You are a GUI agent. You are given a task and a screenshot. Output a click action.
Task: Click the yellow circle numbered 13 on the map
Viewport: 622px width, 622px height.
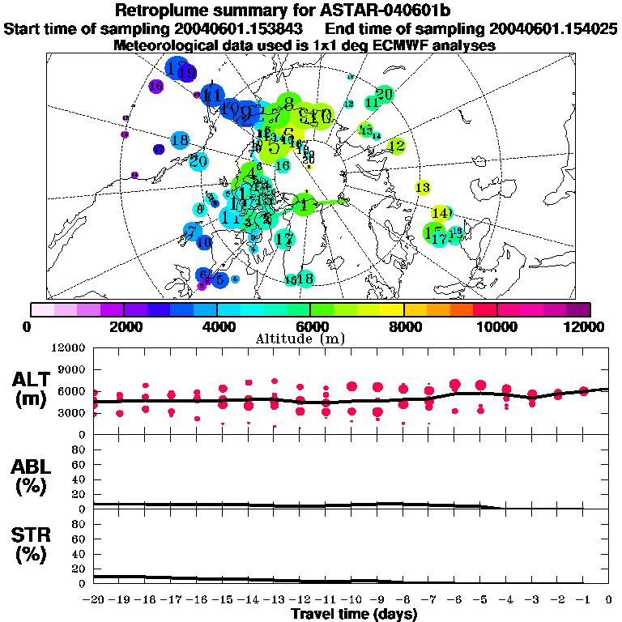422,187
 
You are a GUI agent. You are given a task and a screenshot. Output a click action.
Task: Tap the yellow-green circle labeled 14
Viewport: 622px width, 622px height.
440,213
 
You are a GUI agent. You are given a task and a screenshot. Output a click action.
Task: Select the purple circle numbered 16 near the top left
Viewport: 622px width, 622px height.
156,85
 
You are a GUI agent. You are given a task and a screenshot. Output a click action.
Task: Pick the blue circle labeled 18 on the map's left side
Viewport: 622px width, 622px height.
180,140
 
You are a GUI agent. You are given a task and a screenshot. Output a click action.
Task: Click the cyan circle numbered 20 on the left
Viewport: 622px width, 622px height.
198,161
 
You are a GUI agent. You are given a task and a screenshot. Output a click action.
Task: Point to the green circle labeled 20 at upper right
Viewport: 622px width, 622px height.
385,94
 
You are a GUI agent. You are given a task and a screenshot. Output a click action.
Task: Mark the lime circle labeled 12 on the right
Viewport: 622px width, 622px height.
396,147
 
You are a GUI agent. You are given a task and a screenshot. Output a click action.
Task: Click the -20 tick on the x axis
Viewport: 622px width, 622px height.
95,600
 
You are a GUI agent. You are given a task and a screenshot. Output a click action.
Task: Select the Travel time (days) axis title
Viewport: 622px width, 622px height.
354,614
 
